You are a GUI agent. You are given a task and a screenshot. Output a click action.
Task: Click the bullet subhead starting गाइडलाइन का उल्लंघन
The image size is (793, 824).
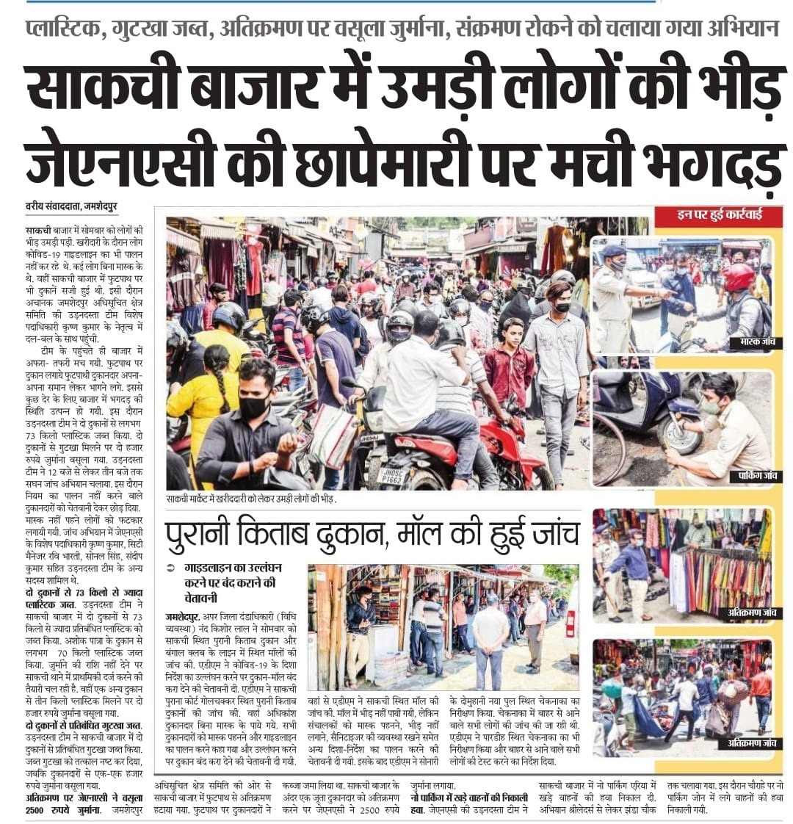pyautogui.click(x=228, y=578)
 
